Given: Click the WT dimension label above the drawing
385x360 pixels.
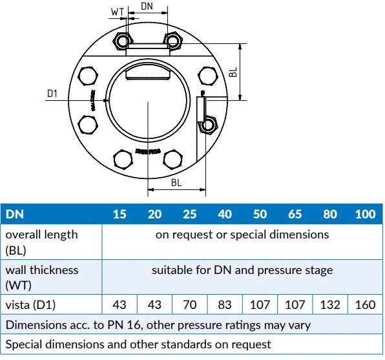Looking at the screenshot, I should click(117, 12).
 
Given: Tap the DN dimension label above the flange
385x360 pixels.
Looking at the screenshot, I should click(147, 5).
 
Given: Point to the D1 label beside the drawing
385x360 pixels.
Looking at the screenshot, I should click(52, 94).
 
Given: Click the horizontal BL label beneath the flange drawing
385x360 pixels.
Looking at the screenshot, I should click(176, 183).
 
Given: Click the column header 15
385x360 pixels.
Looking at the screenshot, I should click(120, 214).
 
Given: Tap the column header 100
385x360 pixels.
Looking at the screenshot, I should click(366, 214).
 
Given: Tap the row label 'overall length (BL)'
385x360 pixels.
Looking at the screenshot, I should click(41, 241).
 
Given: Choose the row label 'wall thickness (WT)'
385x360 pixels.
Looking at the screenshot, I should click(41, 277).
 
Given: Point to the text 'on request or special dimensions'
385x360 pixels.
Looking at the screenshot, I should click(242, 235).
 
